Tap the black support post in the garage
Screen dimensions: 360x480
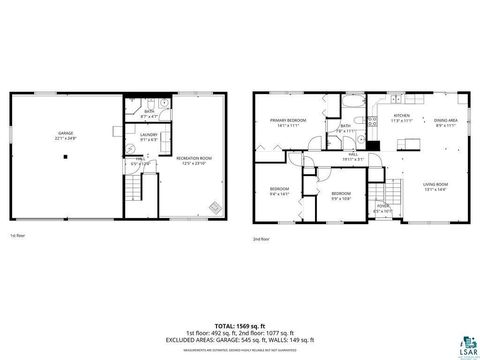coord(65,158)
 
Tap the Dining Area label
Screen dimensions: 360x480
coord(445,122)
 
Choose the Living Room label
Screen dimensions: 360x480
coord(435,186)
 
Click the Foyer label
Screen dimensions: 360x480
coord(382,208)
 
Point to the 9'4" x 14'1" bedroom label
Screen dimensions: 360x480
coord(279,191)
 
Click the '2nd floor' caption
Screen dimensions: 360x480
coord(261,240)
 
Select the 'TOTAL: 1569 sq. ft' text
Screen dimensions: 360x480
coord(240,326)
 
